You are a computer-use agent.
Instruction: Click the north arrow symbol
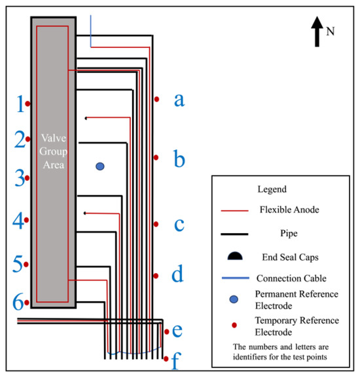tap(317, 31)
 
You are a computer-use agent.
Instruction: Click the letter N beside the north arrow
tap(330, 31)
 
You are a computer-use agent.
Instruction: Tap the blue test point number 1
tap(20, 104)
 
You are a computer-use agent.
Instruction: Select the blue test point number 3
tap(20, 178)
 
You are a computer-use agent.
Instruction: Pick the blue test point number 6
tap(19, 302)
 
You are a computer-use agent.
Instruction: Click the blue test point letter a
tap(179, 100)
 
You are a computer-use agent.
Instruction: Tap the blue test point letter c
tap(179, 225)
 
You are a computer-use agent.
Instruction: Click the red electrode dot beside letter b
tap(156, 158)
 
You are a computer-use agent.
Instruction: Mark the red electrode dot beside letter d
tap(156, 276)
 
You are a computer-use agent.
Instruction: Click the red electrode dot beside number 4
tap(27, 221)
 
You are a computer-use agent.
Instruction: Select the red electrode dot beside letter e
tap(167, 332)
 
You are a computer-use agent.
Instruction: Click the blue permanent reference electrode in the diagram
tap(99, 166)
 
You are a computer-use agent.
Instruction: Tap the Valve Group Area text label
tap(52, 151)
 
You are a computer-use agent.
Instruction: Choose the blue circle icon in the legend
tap(235, 299)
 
